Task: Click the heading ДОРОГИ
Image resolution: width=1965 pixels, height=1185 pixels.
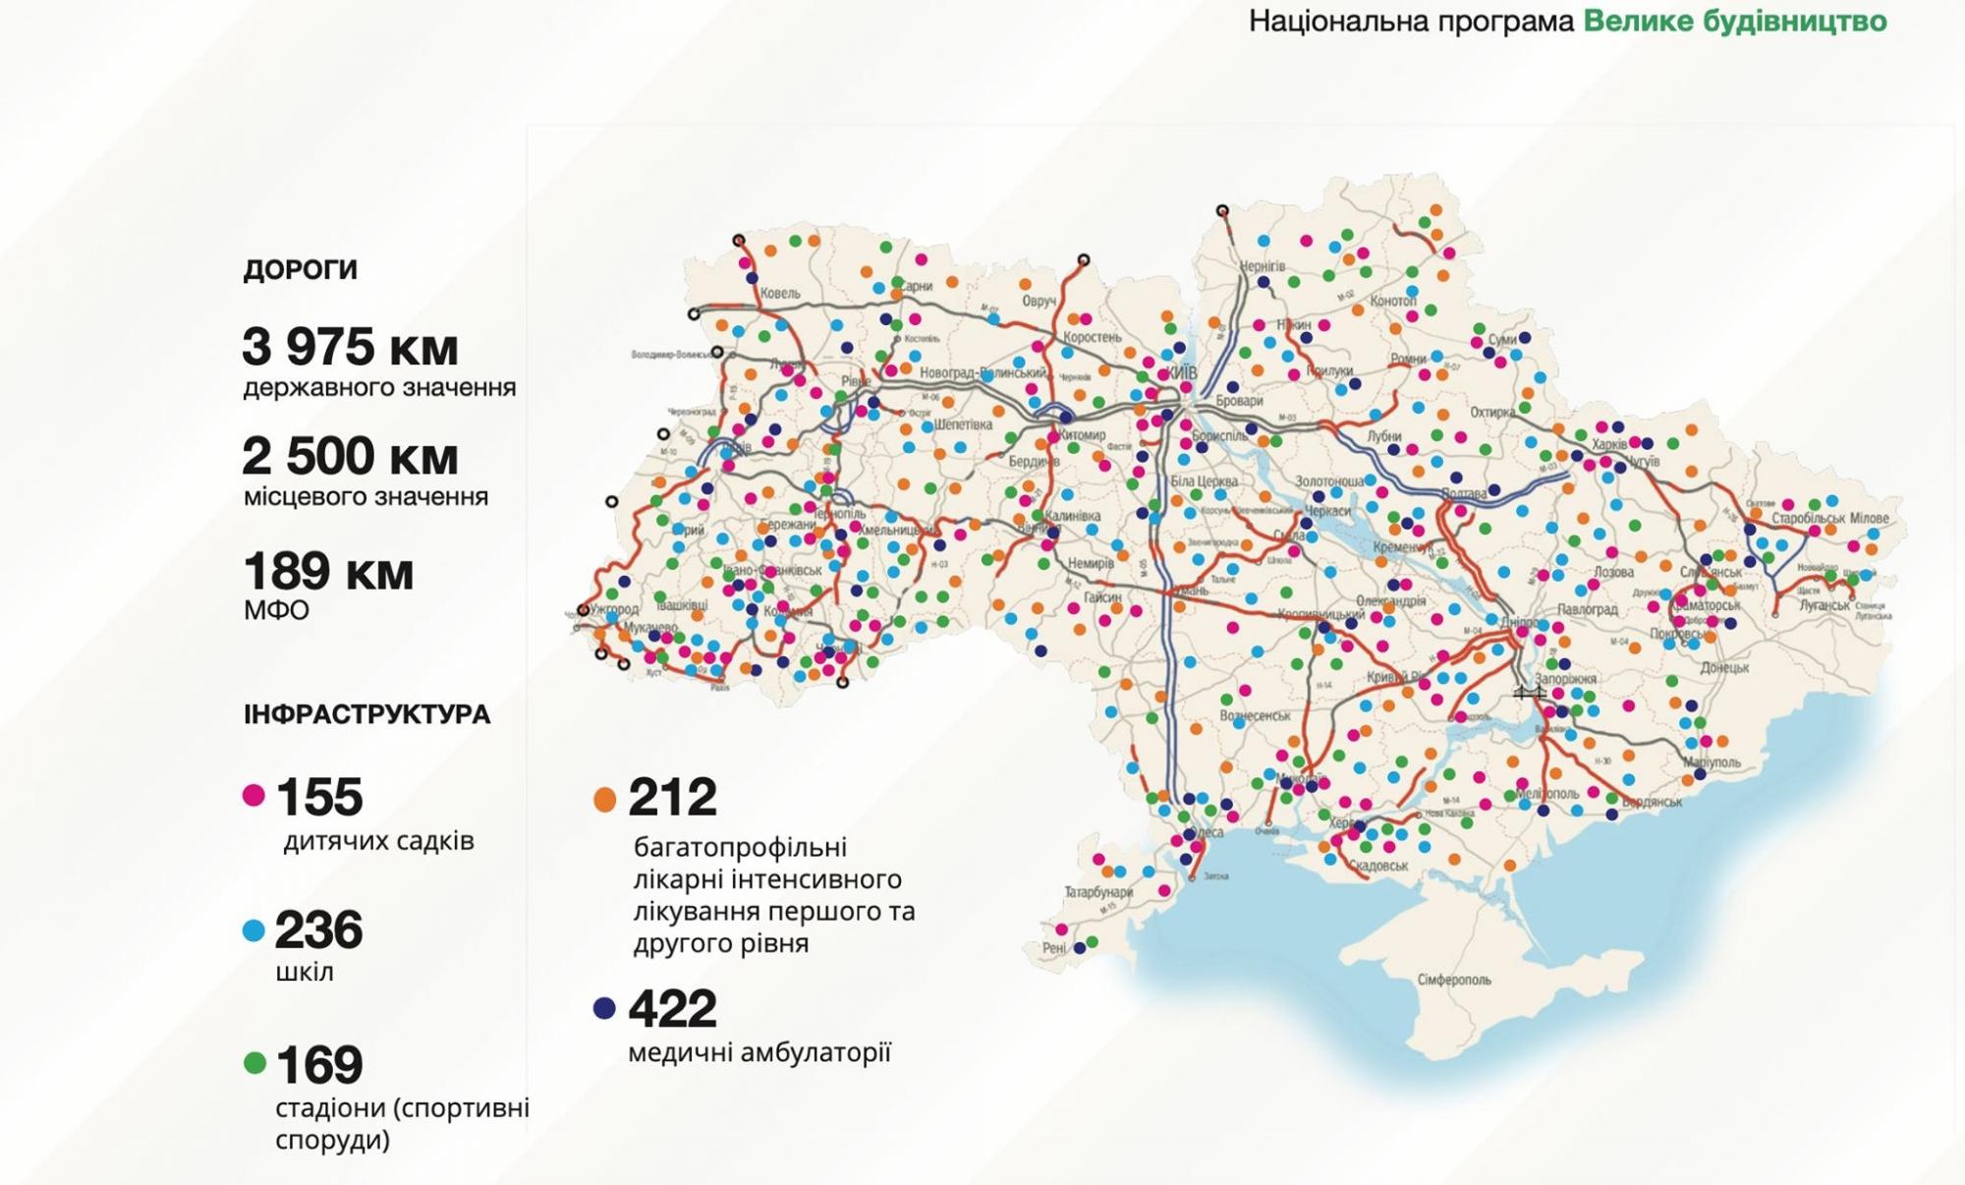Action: tap(300, 270)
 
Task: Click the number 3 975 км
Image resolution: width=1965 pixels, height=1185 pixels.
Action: tap(350, 347)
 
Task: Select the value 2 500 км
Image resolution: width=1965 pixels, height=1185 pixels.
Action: tap(350, 456)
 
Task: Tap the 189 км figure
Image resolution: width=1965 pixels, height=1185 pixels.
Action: tap(328, 571)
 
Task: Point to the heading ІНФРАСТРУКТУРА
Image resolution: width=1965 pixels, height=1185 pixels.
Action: tap(366, 714)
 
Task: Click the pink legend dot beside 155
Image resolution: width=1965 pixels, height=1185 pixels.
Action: tap(253, 795)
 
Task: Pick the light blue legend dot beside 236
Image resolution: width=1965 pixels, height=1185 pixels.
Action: tap(253, 931)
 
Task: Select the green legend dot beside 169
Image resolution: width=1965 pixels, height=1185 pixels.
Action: tap(254, 1063)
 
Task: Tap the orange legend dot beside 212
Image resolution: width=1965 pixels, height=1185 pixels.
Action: tap(604, 799)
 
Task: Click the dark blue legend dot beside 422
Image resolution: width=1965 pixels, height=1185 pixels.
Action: tap(604, 1008)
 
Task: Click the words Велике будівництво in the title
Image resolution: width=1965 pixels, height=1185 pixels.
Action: tap(1734, 21)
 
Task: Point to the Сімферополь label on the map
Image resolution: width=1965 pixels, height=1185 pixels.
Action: tap(1454, 980)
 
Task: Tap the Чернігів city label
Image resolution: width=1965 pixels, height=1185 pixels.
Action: tap(1262, 266)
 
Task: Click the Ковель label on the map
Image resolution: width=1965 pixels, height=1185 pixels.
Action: tap(780, 293)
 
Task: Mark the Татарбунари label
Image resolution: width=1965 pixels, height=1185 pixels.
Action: tap(1098, 892)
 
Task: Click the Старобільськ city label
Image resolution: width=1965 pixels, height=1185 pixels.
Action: tap(1809, 518)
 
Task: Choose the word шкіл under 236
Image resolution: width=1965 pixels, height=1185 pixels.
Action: tap(305, 972)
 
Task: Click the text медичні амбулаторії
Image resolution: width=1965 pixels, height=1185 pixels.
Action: tap(758, 1052)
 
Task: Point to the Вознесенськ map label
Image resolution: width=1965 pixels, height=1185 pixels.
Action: tap(1255, 715)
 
